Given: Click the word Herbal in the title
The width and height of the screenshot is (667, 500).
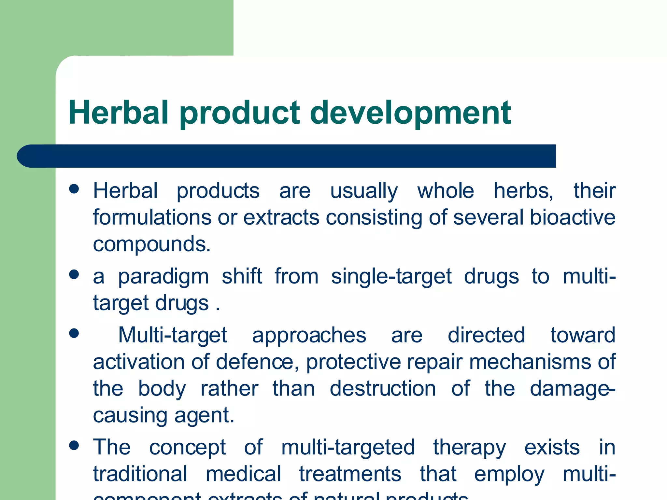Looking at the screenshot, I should (x=118, y=113).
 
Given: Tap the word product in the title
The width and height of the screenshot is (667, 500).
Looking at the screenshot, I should (x=239, y=113).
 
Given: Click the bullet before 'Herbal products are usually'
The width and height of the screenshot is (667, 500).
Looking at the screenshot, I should (x=74, y=189).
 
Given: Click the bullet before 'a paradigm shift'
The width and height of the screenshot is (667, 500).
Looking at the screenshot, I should (x=74, y=274).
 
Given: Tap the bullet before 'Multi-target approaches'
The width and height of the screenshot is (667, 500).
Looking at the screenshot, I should (x=74, y=333).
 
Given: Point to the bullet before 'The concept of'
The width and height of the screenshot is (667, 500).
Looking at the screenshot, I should (x=74, y=445).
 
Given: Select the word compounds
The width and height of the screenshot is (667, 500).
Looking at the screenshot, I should (x=151, y=244).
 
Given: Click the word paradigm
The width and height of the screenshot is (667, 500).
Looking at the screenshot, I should (x=163, y=277).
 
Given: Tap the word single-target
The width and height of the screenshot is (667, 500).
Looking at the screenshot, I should (x=391, y=277).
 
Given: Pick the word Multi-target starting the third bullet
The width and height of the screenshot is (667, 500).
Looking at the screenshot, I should (x=172, y=335).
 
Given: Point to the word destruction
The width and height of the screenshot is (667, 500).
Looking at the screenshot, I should (x=383, y=389).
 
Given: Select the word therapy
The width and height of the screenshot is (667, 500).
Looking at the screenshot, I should (x=469, y=448).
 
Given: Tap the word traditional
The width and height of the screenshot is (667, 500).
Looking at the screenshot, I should (x=140, y=474).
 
